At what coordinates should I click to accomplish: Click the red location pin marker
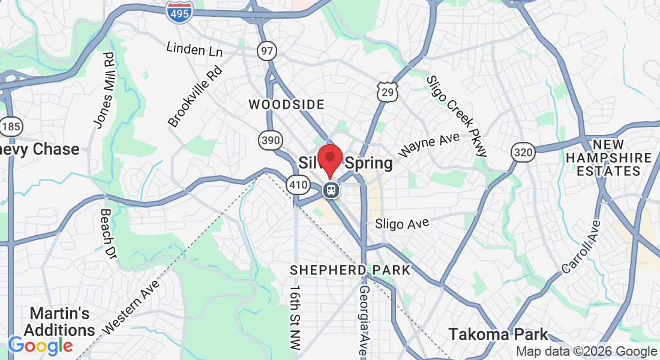tap(329, 159)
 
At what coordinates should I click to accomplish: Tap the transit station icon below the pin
tap(330, 190)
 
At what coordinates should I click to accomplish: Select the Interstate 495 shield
tap(180, 12)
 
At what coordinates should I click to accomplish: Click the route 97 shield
tap(267, 51)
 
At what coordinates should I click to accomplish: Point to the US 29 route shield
tap(387, 92)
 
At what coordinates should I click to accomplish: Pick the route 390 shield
tap(270, 140)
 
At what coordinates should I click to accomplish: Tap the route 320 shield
tap(523, 152)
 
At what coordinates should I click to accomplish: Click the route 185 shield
tap(11, 127)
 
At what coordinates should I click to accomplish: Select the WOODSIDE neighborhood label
tap(287, 105)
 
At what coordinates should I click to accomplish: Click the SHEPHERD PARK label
tap(350, 270)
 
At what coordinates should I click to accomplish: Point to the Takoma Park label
tap(499, 334)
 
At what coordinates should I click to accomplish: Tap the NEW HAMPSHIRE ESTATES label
tap(613, 158)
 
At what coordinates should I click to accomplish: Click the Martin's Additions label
tap(59, 322)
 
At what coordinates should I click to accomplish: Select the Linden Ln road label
tap(194, 50)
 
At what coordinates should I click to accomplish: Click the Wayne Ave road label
tap(429, 145)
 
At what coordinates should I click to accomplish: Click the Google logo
tap(40, 346)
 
